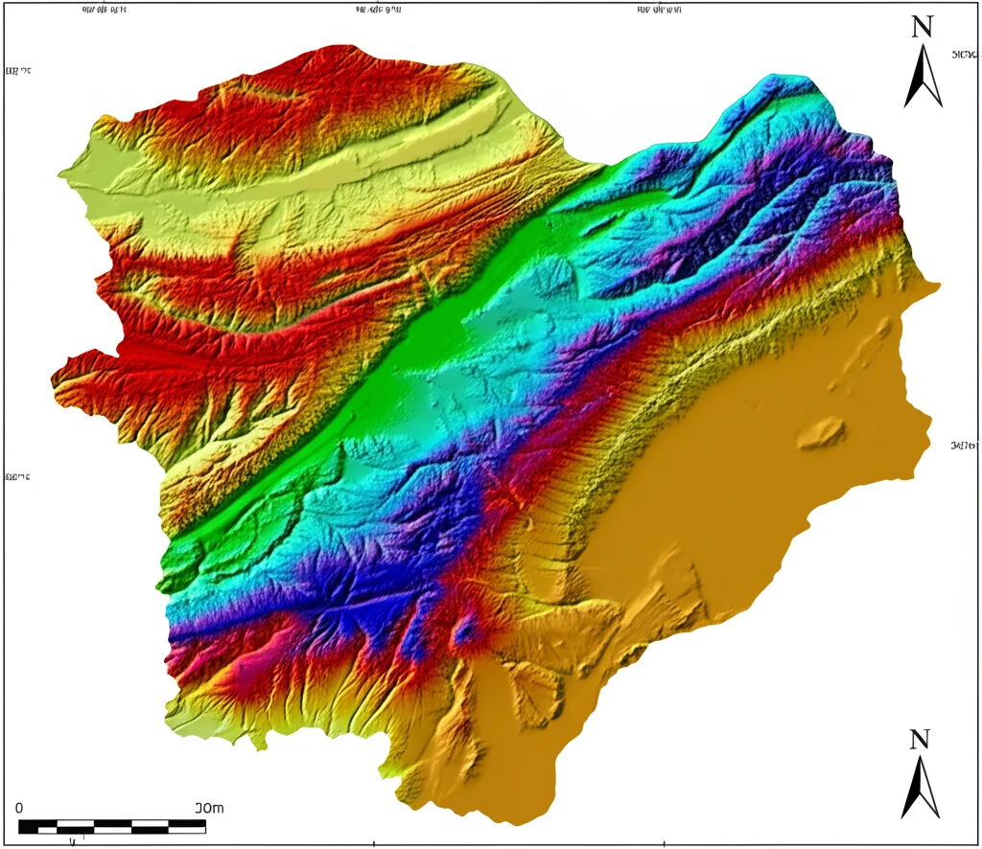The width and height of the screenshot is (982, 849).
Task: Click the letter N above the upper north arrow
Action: click(922, 27)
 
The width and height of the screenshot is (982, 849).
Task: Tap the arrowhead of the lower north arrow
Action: click(921, 772)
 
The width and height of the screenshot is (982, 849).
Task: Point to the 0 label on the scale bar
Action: click(19, 808)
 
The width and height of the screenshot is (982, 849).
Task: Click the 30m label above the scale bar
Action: click(209, 808)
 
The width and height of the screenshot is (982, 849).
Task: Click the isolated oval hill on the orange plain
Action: click(820, 432)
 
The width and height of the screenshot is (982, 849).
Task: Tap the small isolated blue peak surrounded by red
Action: click(466, 630)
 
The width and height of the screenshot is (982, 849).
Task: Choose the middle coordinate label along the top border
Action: click(377, 11)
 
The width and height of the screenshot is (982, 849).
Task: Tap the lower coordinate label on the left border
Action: click(17, 475)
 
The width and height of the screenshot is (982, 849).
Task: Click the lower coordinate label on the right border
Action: click(965, 446)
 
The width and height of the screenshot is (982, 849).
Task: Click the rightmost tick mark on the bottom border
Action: click(665, 844)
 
